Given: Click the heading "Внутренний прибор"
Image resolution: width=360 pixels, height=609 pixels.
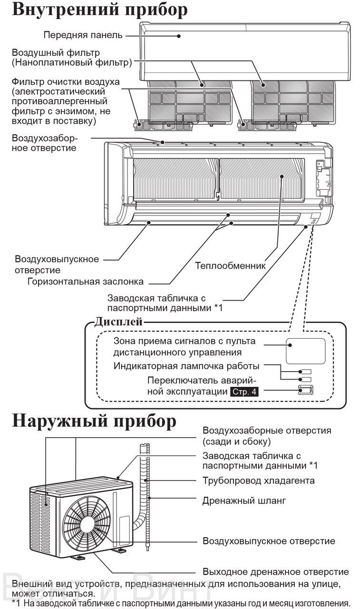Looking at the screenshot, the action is [100, 10].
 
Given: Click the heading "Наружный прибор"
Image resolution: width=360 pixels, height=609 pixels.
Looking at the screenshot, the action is [94, 421].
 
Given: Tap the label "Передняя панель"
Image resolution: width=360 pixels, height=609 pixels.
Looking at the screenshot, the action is [83, 35].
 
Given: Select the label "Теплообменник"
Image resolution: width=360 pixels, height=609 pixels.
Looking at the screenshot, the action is [230, 265].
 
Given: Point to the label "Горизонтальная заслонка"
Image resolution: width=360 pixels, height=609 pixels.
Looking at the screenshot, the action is [85, 281].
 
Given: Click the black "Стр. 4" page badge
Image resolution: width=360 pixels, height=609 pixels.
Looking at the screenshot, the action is [244, 392].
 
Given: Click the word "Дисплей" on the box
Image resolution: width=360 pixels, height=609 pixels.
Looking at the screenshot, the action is [118, 322].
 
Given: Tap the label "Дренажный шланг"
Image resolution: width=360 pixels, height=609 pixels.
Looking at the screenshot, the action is [244, 501].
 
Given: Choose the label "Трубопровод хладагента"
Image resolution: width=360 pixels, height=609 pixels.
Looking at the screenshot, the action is [258, 481].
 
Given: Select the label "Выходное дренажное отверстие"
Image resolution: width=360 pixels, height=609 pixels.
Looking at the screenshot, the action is [275, 572].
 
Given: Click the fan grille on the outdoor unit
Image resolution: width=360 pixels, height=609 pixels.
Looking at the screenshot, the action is [87, 523].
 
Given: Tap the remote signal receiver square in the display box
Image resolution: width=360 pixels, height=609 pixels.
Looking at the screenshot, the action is [305, 351].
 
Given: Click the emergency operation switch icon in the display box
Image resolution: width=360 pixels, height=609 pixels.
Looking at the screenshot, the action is [306, 390].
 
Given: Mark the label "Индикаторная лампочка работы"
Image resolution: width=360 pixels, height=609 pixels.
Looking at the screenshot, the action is [186, 366].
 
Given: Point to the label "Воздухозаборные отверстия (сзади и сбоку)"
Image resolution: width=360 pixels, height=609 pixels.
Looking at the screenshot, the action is [267, 436].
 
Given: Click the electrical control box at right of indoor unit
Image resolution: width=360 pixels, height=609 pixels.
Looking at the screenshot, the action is [323, 178].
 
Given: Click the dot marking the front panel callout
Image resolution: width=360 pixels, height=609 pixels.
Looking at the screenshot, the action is [178, 36].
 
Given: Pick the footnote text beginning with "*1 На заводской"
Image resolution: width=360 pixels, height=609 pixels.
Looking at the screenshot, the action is [181, 603].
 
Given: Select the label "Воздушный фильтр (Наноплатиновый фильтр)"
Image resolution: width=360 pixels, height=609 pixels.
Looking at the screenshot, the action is [72, 58].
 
